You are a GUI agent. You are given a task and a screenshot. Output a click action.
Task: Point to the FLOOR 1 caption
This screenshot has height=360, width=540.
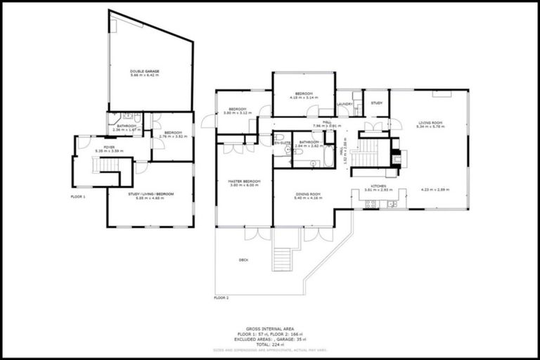[x=78, y=197]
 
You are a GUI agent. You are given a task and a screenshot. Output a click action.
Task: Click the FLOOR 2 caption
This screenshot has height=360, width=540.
[x=221, y=298]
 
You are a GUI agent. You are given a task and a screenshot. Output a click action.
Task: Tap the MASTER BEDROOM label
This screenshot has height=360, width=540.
[x=244, y=181]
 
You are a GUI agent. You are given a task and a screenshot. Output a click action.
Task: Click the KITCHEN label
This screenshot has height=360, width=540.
[x=371, y=187]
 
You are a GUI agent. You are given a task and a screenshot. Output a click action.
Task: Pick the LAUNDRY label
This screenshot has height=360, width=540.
[x=345, y=104]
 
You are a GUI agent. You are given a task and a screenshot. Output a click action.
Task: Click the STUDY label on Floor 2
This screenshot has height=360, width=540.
[x=377, y=103]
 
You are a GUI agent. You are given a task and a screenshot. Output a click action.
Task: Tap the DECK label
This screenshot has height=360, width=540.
[x=243, y=260]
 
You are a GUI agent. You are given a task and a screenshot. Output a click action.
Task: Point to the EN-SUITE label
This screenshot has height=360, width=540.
[x=283, y=143]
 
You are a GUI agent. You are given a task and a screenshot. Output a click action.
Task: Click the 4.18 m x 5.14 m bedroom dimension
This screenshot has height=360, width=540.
[x=304, y=98]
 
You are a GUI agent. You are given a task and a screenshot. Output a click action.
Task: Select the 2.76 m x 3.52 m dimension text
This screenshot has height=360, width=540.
[x=173, y=136]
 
